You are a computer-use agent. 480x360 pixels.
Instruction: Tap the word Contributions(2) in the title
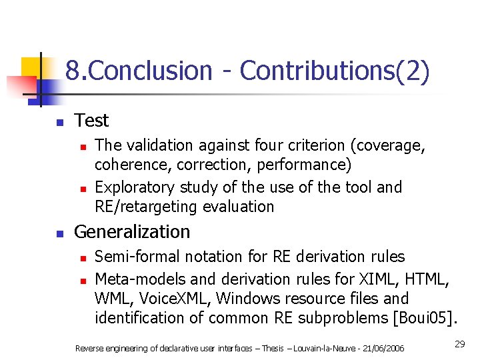pos(334,71)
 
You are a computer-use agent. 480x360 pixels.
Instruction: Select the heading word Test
pos(91,121)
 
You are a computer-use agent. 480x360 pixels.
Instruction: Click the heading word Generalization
pos(132,232)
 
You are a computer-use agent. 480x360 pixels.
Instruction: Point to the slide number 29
pos(459,344)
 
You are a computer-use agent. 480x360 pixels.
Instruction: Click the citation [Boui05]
pos(425,317)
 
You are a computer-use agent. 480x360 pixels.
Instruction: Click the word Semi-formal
pos(136,257)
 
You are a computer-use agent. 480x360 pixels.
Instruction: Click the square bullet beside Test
pos(59,123)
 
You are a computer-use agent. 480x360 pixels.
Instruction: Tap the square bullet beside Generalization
pos(59,234)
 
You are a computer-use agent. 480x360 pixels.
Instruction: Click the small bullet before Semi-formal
pos(82,258)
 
